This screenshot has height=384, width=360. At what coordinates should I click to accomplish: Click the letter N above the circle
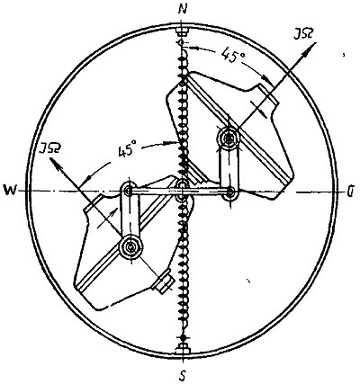[182, 10]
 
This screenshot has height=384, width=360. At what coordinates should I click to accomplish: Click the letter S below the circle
[183, 374]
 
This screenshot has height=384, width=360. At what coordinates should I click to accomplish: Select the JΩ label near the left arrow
[49, 149]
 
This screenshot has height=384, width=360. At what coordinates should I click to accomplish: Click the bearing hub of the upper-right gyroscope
[229, 138]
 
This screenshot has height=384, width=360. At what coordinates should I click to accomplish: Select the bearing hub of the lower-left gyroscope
[130, 247]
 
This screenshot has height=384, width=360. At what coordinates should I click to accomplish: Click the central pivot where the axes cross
[182, 191]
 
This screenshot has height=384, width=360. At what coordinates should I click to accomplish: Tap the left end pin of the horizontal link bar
[129, 191]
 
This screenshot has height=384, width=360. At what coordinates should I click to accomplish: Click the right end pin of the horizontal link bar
[230, 192]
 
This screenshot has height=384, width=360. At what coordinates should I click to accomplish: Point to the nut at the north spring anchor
[182, 31]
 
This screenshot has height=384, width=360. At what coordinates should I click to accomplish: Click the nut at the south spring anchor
[182, 349]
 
